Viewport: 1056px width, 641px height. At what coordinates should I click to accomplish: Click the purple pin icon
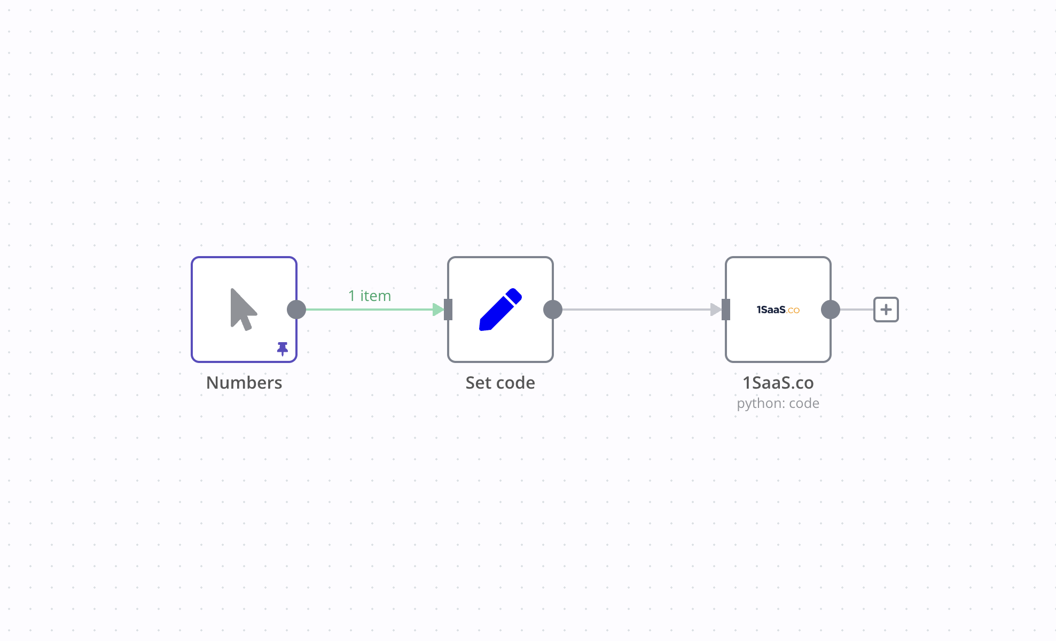tap(283, 349)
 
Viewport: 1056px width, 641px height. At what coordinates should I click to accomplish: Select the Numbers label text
tap(244, 383)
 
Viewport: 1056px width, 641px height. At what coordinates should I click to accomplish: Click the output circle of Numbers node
tap(296, 310)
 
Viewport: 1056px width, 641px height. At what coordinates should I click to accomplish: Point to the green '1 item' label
tap(370, 296)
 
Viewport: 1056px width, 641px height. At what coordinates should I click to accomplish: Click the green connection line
tap(369, 310)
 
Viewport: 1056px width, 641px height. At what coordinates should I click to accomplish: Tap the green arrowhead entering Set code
tap(438, 310)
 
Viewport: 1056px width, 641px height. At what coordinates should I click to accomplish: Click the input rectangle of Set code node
tap(448, 310)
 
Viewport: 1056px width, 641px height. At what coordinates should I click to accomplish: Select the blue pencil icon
tap(500, 310)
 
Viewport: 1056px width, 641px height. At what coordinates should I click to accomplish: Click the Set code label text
tap(500, 383)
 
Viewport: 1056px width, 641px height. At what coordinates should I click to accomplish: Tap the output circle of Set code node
tap(553, 310)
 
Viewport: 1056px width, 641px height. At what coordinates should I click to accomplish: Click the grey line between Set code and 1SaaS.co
tap(636, 310)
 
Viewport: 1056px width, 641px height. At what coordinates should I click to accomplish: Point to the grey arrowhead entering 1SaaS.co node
tap(716, 310)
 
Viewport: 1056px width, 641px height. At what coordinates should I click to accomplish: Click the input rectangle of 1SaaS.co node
tap(726, 310)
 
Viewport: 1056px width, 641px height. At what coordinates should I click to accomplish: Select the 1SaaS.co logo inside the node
tap(778, 310)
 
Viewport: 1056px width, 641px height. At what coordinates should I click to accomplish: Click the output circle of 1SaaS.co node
tap(831, 310)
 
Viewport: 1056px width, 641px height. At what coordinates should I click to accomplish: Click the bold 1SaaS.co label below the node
tap(778, 383)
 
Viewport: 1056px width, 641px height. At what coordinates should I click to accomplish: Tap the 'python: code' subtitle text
tap(778, 403)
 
